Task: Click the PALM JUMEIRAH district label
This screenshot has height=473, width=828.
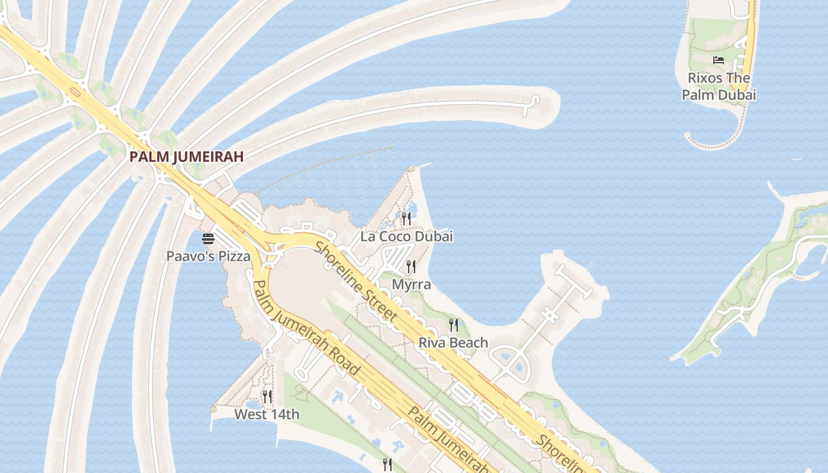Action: click(x=186, y=157)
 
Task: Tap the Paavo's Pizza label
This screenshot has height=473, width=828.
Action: click(x=208, y=257)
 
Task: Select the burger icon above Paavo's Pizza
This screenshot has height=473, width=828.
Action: click(x=208, y=239)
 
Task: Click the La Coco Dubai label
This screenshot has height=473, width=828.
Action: click(x=406, y=237)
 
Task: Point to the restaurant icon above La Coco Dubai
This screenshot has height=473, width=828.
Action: click(x=406, y=219)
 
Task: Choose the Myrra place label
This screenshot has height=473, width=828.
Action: click(x=412, y=284)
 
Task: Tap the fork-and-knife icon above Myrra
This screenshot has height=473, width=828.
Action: click(x=412, y=267)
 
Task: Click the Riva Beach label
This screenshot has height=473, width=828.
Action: click(x=453, y=342)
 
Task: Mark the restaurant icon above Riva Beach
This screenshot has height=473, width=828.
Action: click(x=454, y=325)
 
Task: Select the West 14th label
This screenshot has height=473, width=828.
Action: click(x=267, y=414)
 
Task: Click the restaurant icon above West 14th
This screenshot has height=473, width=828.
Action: click(x=267, y=397)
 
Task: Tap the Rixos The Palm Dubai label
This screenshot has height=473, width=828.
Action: click(x=719, y=86)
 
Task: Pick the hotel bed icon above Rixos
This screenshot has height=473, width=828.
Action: click(x=719, y=60)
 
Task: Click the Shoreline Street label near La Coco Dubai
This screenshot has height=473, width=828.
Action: click(x=355, y=281)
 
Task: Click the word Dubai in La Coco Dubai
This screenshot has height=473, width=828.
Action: click(x=434, y=237)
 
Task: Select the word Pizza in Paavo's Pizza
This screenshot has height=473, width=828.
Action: click(x=234, y=257)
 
